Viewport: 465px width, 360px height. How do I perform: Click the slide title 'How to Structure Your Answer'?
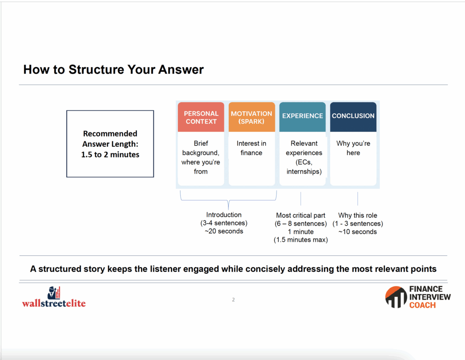coord(113,70)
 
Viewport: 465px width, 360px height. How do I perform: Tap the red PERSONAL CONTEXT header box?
coord(201,117)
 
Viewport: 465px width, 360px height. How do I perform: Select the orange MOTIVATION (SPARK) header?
coord(252,117)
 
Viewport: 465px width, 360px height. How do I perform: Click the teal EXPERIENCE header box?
coord(302,117)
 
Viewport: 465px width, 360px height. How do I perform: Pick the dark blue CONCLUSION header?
coord(353,117)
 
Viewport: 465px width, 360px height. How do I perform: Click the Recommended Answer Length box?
coord(110,144)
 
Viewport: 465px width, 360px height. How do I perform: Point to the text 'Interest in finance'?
coord(252,148)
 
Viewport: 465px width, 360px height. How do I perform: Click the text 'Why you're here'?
coord(353,148)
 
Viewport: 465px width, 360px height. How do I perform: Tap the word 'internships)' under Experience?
coord(304,171)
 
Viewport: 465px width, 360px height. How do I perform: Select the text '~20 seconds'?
coord(224,231)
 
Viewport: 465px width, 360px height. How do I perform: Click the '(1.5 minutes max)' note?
coord(301,240)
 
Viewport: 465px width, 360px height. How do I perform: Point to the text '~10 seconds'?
coord(358,232)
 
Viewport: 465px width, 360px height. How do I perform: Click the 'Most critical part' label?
coord(301,215)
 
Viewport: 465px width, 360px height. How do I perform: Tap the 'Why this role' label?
coord(358,215)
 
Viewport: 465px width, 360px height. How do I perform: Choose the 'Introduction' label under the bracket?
coord(224,215)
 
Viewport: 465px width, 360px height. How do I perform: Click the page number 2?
coord(233,300)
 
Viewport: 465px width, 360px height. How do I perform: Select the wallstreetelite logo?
coord(54,297)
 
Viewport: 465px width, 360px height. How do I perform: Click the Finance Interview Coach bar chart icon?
coord(396,297)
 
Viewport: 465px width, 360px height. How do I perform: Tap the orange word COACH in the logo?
coord(423,305)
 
